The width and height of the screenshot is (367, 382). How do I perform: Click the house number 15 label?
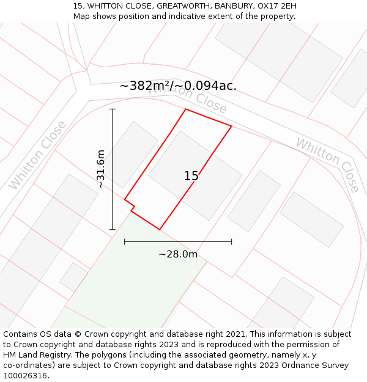(x=191, y=176)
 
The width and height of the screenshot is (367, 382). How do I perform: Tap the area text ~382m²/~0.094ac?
(x=178, y=86)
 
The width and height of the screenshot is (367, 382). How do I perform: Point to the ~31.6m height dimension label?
(x=101, y=169)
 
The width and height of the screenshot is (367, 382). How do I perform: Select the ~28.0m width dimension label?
(x=178, y=254)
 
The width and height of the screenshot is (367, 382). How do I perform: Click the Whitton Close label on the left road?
(x=37, y=155)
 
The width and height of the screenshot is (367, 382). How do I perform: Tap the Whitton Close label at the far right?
(x=328, y=164)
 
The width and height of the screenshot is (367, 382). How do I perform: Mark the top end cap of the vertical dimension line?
(x=113, y=109)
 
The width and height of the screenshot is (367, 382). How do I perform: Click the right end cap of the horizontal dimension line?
(x=231, y=241)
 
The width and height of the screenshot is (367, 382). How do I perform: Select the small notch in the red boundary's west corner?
(x=132, y=208)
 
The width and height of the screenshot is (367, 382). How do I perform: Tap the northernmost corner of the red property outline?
(x=185, y=109)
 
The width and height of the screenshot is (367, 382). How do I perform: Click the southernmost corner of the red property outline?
(x=160, y=229)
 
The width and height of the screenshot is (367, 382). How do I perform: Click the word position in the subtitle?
(x=134, y=16)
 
